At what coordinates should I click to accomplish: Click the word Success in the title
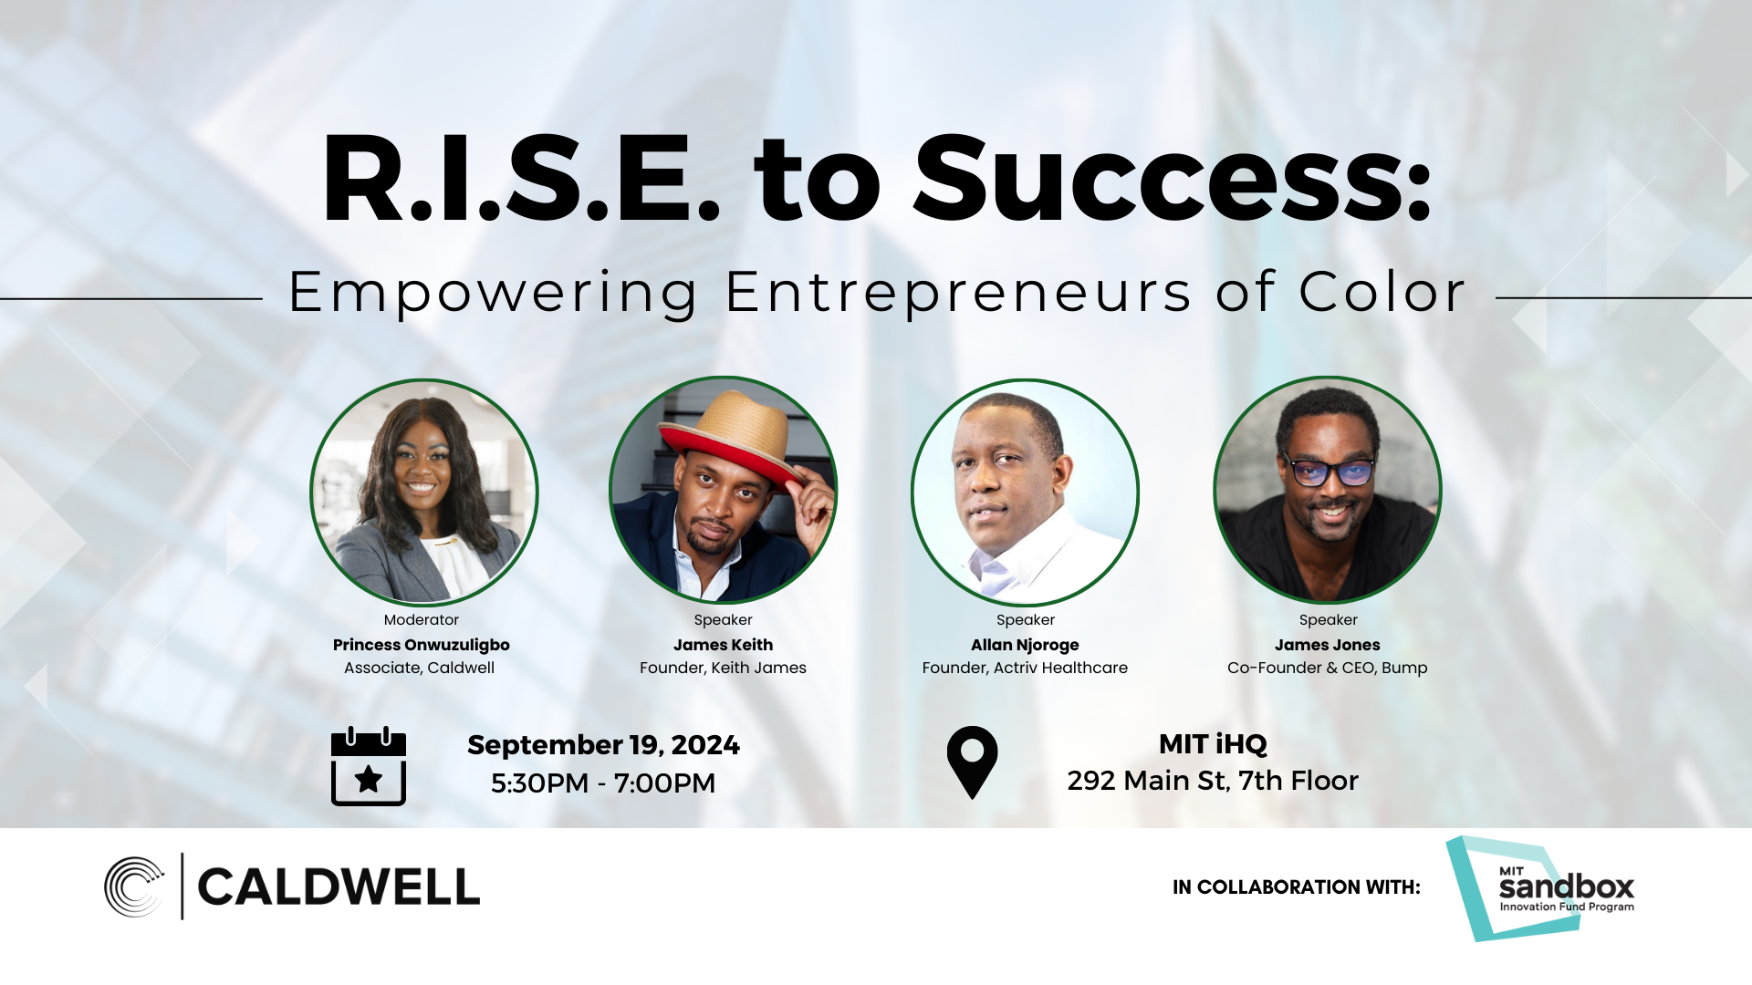(1172, 180)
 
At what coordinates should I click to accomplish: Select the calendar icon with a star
(369, 766)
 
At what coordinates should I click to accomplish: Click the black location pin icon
(972, 761)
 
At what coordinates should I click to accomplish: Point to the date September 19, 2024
(603, 745)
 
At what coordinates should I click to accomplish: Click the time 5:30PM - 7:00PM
(603, 783)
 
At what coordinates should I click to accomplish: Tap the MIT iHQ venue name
(1213, 744)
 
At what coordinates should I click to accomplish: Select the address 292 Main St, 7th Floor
(1213, 781)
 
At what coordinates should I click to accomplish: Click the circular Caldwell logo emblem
(134, 886)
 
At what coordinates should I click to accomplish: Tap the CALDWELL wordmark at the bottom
(339, 887)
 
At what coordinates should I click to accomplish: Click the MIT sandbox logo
(1542, 888)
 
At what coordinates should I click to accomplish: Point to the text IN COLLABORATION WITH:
(1296, 887)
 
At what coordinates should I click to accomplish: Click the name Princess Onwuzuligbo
(421, 645)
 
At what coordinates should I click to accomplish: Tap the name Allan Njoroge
(1025, 645)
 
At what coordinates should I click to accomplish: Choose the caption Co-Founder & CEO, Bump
(1327, 668)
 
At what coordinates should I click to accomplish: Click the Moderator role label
(421, 620)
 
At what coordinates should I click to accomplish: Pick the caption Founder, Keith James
(723, 668)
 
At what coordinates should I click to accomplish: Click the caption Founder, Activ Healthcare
(1025, 668)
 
